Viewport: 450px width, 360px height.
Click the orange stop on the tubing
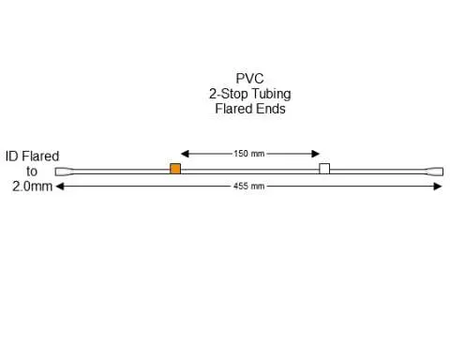point(174,169)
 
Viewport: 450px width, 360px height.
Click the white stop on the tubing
point(324,169)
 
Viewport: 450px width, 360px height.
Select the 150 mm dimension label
point(249,153)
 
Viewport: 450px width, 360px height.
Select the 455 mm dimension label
point(249,187)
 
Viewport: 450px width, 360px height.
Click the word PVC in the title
point(249,79)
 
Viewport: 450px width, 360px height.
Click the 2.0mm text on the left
point(32,187)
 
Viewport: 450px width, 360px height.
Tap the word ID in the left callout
point(12,156)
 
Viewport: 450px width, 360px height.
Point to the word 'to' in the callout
point(32,172)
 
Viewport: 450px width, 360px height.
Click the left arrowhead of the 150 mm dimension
point(186,153)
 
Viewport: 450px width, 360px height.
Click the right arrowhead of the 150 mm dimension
point(317,153)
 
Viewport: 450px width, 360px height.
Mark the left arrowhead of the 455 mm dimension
point(60,187)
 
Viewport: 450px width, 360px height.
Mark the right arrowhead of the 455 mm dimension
point(438,187)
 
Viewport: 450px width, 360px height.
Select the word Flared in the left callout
point(40,156)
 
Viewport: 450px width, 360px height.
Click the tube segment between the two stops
point(249,170)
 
